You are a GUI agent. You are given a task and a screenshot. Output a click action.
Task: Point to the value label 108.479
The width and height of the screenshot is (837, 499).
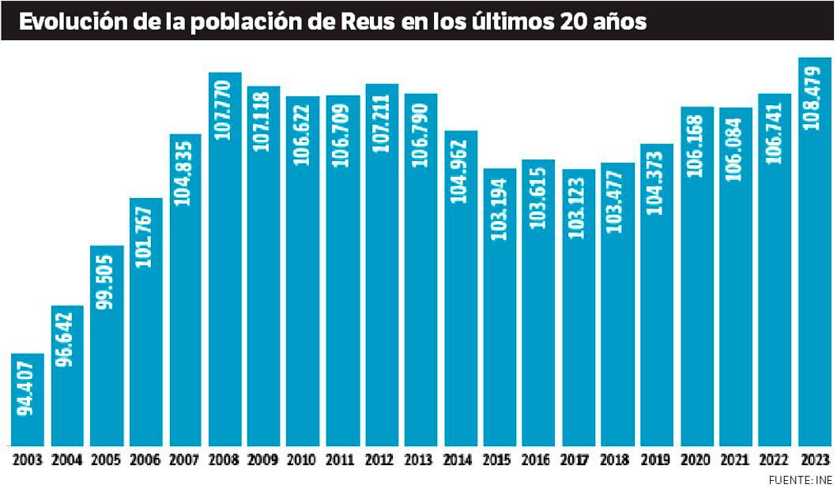point(814,96)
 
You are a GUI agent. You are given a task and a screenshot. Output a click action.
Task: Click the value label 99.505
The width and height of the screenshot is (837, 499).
point(107,281)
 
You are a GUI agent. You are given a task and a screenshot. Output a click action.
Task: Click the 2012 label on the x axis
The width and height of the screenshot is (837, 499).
point(382,460)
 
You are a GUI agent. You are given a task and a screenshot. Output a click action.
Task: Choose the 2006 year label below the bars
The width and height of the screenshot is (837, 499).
point(145,460)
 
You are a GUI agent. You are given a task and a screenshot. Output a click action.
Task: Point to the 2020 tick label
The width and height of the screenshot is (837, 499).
point(696,460)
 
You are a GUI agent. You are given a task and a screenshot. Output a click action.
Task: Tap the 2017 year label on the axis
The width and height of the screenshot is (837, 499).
point(579,460)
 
